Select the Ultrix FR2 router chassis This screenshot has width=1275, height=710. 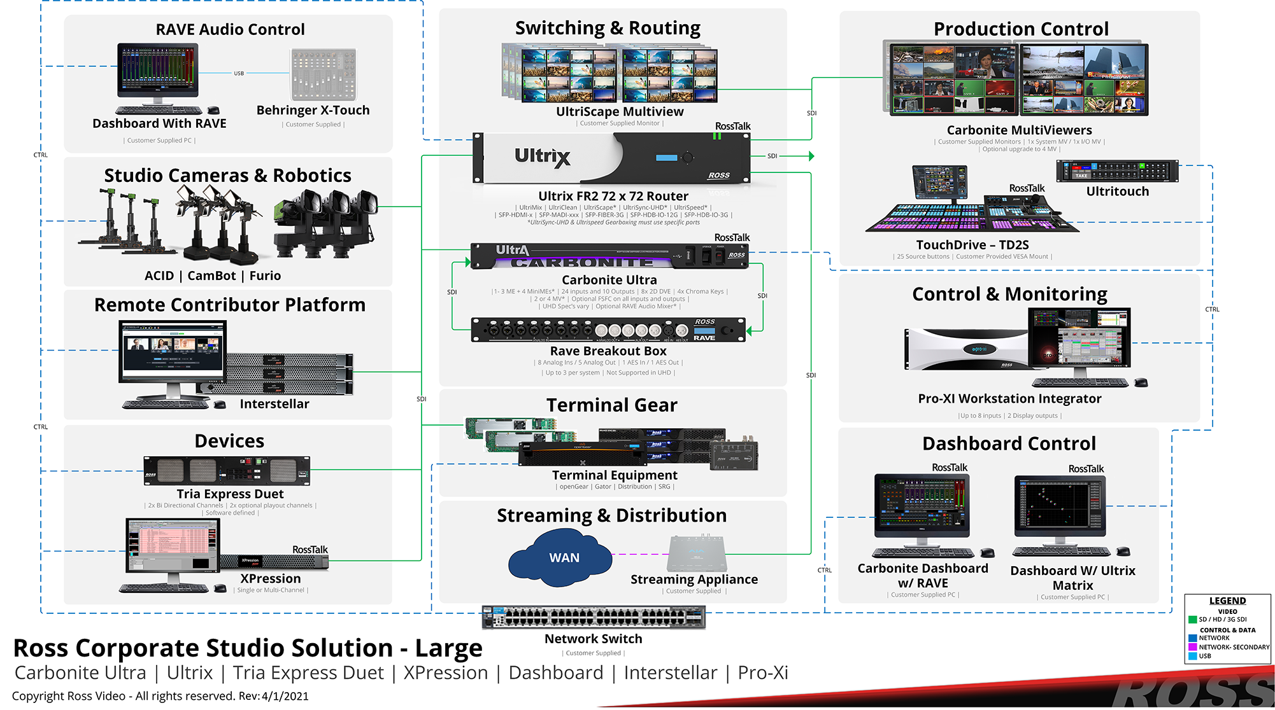pos(611,158)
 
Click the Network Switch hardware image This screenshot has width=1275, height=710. pos(594,616)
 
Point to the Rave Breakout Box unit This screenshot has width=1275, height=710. pos(608,330)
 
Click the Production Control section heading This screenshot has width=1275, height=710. pos(1021,29)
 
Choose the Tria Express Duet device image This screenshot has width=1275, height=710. pos(227,471)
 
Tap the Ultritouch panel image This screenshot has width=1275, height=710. pos(1117,171)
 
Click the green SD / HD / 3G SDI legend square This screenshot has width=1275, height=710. pos(1192,620)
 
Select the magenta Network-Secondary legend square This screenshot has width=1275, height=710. pos(1192,647)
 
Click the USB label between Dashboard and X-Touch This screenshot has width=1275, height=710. pos(239,74)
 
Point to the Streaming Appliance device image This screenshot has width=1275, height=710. pos(697,553)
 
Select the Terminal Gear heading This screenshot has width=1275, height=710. pos(611,405)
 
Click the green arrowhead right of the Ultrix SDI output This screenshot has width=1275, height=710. pos(811,156)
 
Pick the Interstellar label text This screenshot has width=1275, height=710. pos(274,404)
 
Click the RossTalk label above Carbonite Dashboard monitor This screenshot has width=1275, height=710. pos(950,468)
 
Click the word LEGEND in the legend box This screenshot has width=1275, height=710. pos(1227,601)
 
